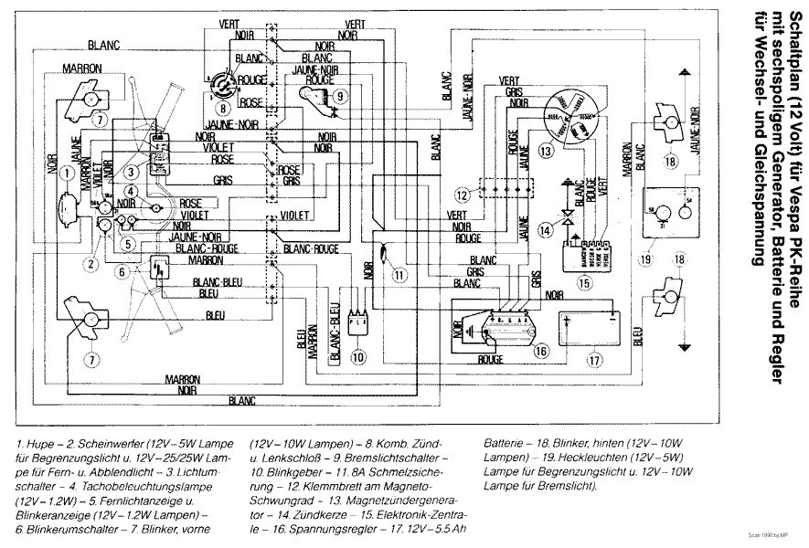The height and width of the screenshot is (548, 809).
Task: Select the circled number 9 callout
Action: point(339,95)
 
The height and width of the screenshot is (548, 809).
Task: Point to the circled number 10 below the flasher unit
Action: point(358,356)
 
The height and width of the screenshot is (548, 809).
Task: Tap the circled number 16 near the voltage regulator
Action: point(541,350)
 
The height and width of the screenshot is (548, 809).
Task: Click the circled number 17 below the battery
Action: point(596,360)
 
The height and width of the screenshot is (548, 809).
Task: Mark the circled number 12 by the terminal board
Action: point(463,195)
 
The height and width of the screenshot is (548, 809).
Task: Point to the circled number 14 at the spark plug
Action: point(545,231)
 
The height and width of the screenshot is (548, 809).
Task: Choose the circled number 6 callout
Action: point(121,270)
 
